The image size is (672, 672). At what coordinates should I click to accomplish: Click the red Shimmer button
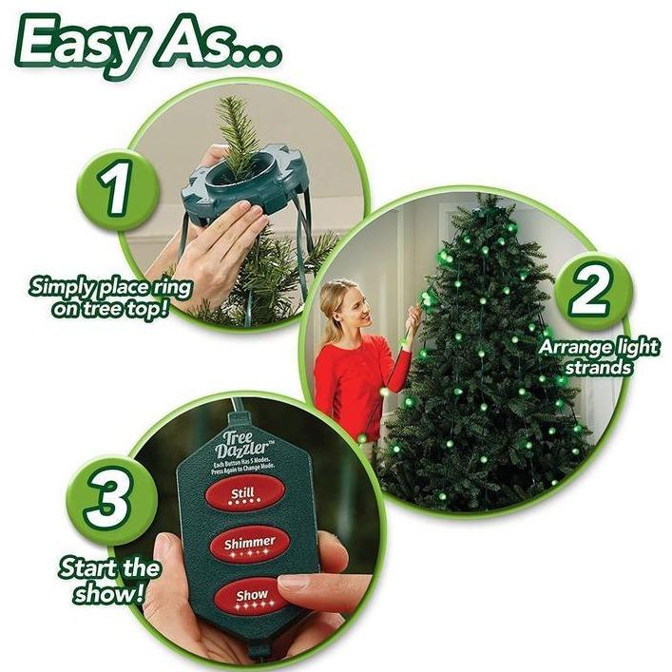(249, 544)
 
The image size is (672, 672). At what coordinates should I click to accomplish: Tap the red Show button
(251, 597)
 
